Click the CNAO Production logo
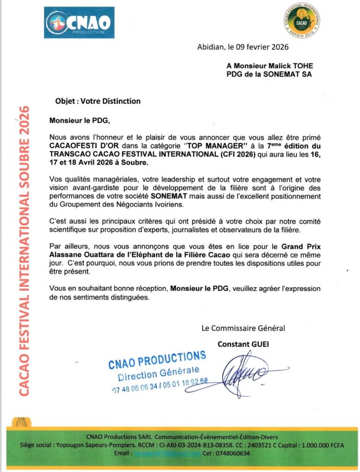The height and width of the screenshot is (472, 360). point(79,22)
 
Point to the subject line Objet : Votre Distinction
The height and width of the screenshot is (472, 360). point(98,101)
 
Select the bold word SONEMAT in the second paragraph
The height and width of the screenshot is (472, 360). point(166,196)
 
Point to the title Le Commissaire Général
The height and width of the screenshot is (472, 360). point(243,328)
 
